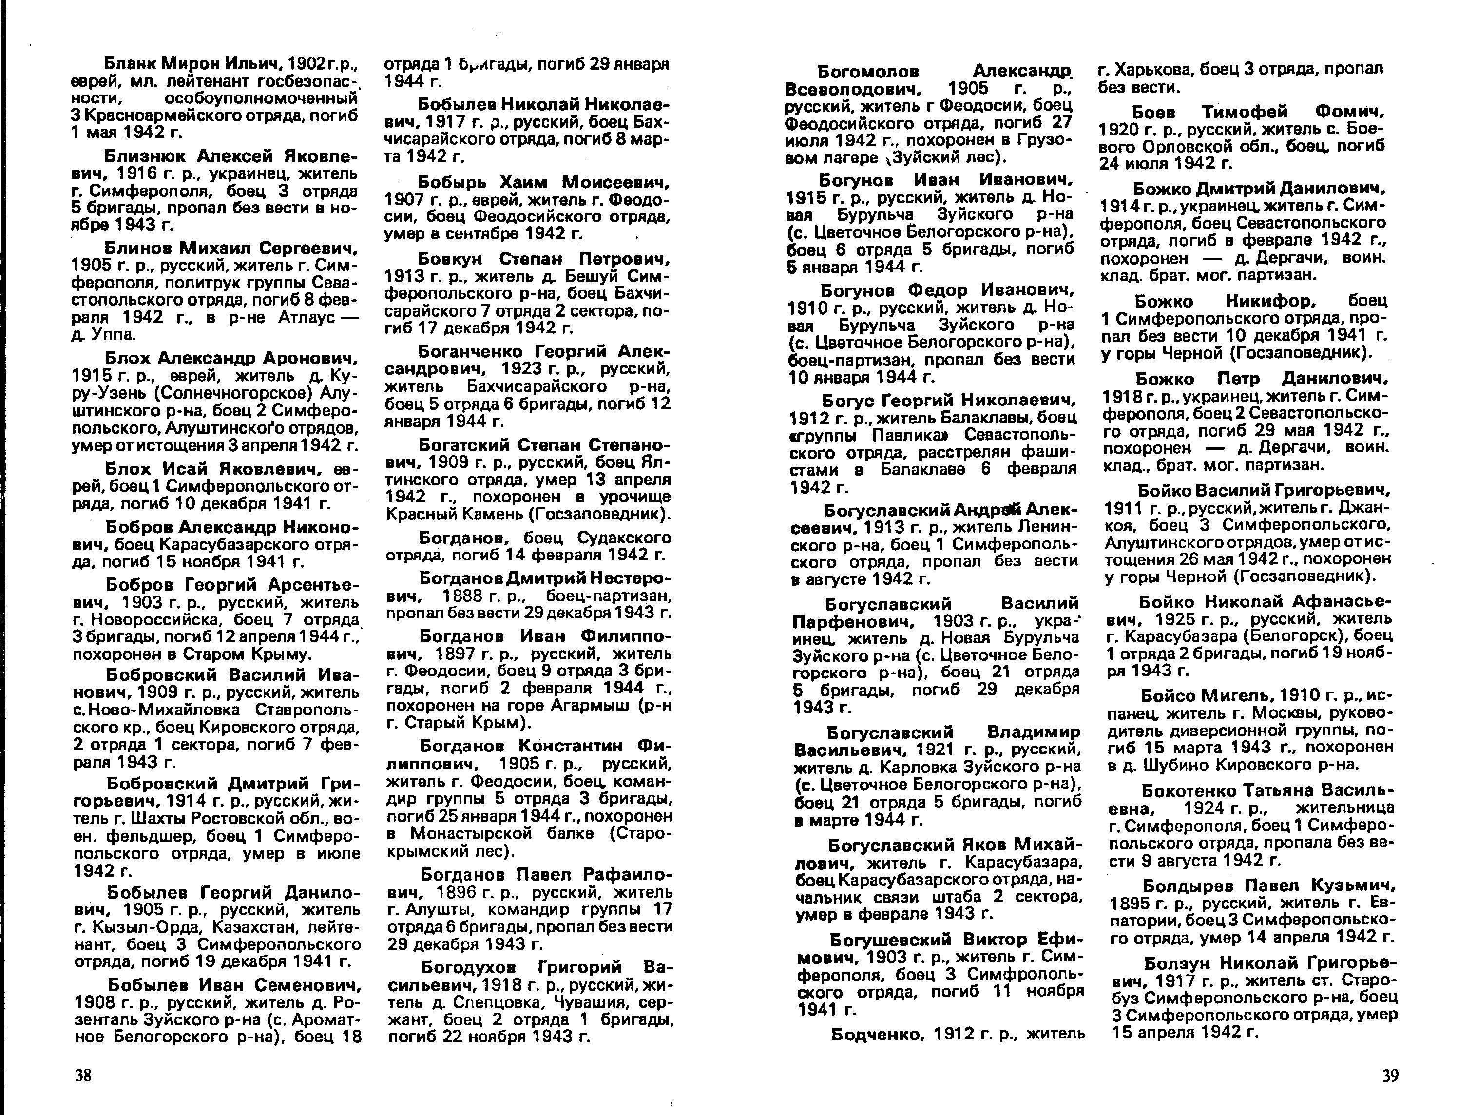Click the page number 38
pos(83,1075)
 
